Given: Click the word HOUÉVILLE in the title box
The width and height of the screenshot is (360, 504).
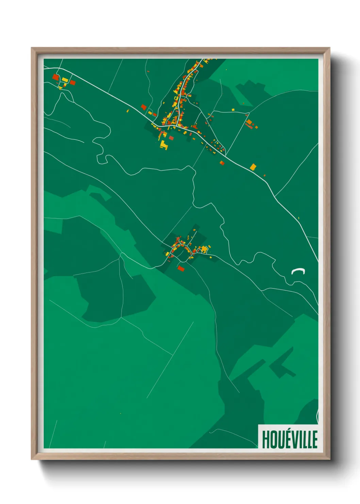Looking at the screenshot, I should point(290,439).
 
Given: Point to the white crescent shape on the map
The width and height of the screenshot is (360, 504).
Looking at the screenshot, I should point(298,271).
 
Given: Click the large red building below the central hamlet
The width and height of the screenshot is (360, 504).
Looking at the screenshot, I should point(181,269).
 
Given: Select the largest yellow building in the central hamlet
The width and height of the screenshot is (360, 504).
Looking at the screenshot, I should point(204,249).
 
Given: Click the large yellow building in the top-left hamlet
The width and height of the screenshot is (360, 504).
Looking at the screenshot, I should point(65,80).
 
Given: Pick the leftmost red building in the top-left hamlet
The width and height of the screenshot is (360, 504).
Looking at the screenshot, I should point(55,77).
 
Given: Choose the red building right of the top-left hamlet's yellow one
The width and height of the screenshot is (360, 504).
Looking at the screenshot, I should point(72,82).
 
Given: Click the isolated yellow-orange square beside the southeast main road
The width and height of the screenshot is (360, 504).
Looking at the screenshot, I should point(253,167).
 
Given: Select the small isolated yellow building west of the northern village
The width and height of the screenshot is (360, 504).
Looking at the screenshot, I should point(128,111).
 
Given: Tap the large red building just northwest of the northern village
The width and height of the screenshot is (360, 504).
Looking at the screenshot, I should point(144,107).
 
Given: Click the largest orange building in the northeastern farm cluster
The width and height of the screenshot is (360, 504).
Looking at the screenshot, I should point(249,122).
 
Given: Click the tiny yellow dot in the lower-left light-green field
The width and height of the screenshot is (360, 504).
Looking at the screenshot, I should point(120,413).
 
